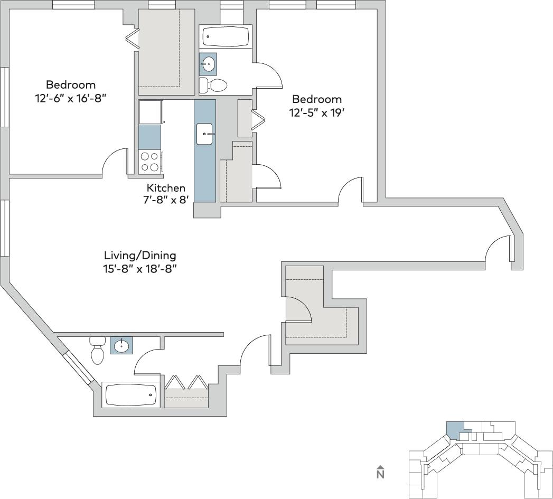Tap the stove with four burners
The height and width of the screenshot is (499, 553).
pos(149,162)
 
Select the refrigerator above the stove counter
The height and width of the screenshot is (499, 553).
pos(150,112)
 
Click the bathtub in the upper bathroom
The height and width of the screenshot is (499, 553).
pos(226,37)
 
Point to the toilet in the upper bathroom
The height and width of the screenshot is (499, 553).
pos(213,84)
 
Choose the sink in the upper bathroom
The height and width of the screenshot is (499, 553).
pos(208,64)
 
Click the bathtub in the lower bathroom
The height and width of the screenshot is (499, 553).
pos(130,395)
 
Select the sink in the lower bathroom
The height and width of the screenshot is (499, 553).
pos(121,346)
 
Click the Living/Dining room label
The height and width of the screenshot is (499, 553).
pos(140,256)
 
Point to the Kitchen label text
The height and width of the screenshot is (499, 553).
pos(166,188)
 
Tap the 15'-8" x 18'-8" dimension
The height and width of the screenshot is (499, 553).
pos(139,268)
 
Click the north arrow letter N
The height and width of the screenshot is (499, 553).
pos(380,474)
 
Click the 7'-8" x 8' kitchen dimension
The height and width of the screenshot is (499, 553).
pos(165,200)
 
